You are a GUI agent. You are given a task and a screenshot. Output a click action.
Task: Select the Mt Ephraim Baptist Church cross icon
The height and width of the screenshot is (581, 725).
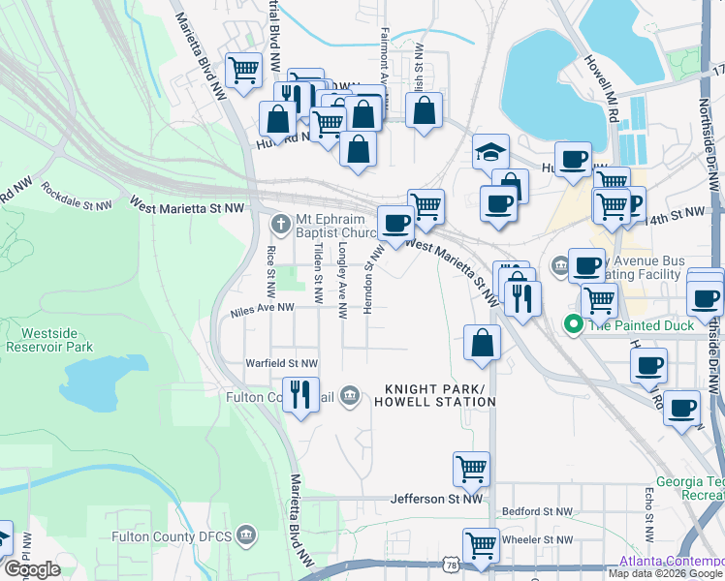280,225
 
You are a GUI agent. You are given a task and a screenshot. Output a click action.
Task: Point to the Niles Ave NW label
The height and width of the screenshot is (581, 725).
262,309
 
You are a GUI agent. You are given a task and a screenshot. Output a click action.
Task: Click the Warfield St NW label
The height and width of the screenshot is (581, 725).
281,364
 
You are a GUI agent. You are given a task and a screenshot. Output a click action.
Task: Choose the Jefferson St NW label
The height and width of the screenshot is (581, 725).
436,500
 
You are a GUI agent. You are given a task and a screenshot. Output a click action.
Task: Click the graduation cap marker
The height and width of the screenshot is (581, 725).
490,153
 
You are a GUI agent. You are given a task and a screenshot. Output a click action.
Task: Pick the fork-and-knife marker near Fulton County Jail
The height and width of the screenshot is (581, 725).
300,393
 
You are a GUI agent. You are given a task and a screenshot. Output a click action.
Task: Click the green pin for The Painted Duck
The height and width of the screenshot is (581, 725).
573,325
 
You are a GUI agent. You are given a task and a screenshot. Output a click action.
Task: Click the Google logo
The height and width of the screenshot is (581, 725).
32,569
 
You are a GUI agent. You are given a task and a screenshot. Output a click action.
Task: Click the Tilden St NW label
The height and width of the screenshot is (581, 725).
318,264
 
